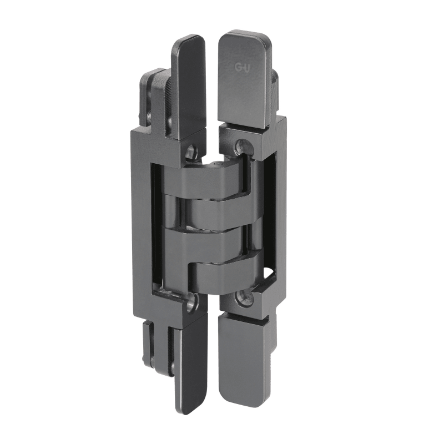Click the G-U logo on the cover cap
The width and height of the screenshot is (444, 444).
pos(242,67)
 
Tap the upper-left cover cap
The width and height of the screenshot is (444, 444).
pos(188,87)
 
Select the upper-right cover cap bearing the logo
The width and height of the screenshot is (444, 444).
pos(244,80)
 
